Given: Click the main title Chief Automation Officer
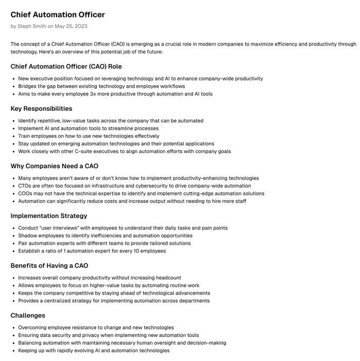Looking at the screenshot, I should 57,14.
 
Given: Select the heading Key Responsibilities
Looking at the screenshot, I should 41,109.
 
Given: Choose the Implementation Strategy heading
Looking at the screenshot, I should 49,216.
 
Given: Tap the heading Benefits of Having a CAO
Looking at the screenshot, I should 49,266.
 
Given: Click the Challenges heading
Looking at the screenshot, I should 28,315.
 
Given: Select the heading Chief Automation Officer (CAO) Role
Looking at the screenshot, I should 66,67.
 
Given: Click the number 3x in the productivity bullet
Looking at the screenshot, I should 98,94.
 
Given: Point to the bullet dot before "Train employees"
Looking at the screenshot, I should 13,136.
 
